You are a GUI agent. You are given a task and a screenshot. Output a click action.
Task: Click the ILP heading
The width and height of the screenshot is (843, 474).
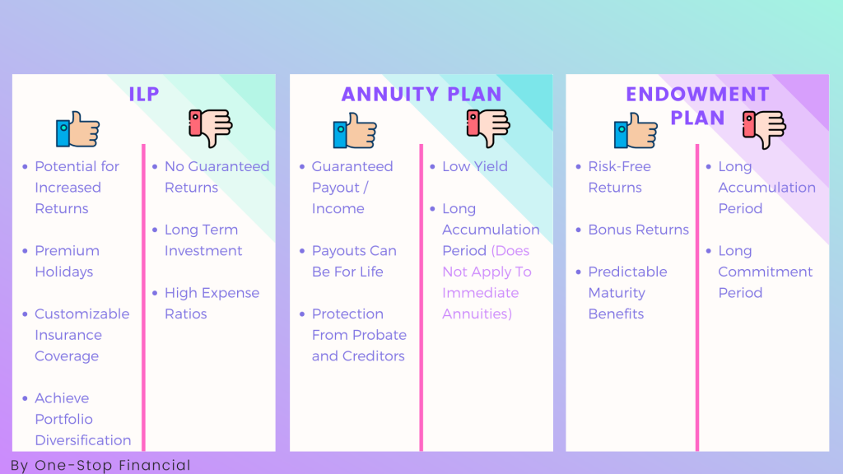click(143, 94)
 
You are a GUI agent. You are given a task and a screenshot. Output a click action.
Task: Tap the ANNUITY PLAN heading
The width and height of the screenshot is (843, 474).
click(421, 94)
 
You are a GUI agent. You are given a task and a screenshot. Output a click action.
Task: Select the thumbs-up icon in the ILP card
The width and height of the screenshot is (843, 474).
click(78, 130)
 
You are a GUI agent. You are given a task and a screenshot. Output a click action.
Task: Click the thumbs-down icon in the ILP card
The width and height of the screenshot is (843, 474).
click(210, 129)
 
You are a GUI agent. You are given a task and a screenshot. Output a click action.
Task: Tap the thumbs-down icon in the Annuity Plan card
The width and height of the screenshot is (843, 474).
click(487, 129)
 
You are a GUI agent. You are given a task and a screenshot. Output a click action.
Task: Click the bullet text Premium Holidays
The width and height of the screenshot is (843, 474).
click(67, 261)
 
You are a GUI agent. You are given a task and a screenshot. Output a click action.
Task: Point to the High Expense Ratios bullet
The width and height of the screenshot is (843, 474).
click(212, 303)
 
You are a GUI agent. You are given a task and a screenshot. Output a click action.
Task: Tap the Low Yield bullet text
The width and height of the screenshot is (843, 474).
click(475, 166)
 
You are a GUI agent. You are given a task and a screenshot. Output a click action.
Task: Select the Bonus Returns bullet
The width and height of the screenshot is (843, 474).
click(638, 230)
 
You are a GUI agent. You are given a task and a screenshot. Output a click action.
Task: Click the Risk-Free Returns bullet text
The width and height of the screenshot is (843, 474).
click(619, 177)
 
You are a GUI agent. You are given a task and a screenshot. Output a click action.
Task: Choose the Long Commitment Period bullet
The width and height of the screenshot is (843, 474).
click(765, 272)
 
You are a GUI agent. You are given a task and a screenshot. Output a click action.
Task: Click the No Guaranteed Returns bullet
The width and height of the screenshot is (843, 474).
click(217, 177)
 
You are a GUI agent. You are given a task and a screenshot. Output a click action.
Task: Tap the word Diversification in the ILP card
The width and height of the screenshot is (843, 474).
click(82, 440)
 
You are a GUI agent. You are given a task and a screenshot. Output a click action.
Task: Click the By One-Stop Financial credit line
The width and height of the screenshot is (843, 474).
click(100, 465)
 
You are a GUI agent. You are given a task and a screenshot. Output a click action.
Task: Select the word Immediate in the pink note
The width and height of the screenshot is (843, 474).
click(480, 293)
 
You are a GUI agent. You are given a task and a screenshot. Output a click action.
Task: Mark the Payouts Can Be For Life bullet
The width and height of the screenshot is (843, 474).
click(354, 261)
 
